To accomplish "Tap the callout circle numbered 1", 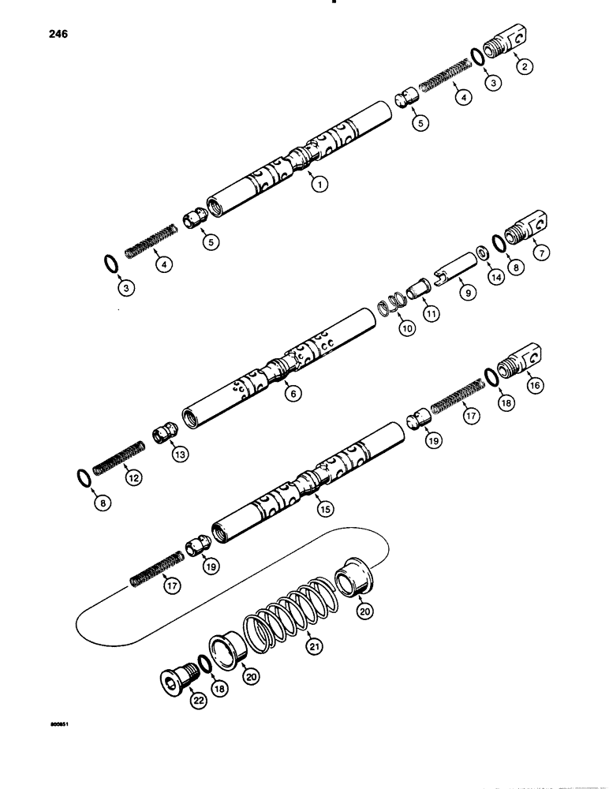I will tap(319, 183).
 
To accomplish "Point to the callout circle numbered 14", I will tap(495, 277).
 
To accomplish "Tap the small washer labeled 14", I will tap(479, 253).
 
